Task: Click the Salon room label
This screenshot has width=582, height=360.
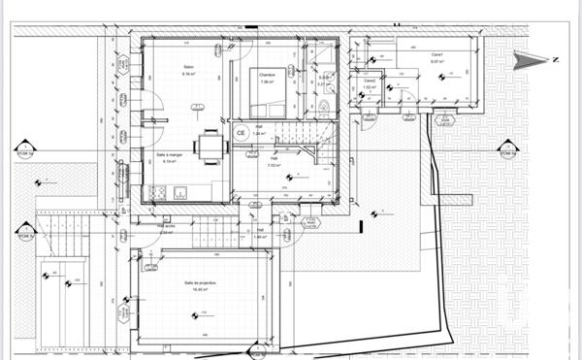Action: (x=188, y=67)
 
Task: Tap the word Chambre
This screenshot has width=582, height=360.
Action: (x=268, y=74)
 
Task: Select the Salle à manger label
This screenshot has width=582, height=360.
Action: (x=170, y=154)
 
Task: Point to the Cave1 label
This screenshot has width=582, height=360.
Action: (x=437, y=54)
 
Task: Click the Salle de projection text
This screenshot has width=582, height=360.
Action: (x=200, y=282)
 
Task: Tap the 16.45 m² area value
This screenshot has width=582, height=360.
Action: (x=200, y=289)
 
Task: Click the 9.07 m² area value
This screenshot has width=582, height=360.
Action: (x=437, y=61)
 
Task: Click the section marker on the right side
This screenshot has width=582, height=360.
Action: (x=506, y=150)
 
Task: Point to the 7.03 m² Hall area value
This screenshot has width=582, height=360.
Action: (x=275, y=165)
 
